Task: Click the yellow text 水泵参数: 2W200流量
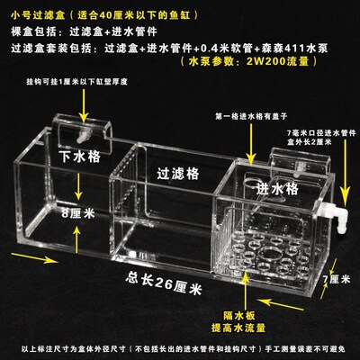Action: click(x=232, y=62)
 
